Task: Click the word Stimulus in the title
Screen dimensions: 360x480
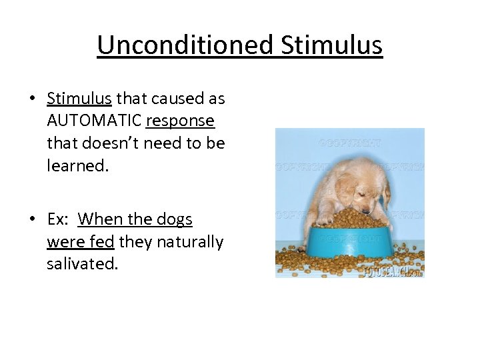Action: tap(331, 45)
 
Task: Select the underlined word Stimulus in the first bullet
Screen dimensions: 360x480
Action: tap(79, 99)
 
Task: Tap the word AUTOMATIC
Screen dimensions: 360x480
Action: tap(94, 121)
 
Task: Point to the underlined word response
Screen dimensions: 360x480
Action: tap(180, 121)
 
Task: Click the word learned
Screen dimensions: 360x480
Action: tap(77, 165)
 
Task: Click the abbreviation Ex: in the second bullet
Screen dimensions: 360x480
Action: tap(59, 219)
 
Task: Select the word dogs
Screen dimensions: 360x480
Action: tap(173, 219)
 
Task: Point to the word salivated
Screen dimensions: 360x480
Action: tap(82, 263)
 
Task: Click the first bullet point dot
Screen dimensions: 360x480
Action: tap(32, 99)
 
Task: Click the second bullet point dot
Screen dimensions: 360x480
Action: tap(32, 220)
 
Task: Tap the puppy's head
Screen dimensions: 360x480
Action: tap(357, 190)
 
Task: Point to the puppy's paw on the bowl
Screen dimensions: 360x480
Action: tap(324, 218)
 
